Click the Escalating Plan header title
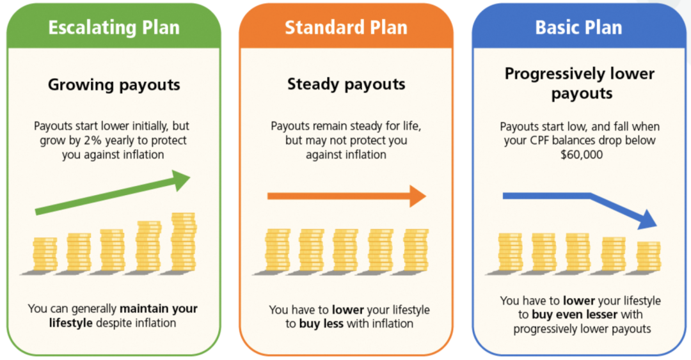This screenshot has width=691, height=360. pos(114,27)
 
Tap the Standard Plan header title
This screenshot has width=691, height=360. pos(346,27)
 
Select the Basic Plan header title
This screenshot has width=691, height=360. pos(578,27)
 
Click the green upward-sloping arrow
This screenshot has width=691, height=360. pos(113,192)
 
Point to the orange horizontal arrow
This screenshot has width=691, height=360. pos(347,196)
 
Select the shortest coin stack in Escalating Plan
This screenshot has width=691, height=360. pos(45,254)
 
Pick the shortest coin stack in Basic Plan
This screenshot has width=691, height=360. pos(648,256)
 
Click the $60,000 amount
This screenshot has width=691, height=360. pos(581,155)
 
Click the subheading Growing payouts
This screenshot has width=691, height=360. pos(114,84)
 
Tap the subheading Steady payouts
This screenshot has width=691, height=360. pos(346,84)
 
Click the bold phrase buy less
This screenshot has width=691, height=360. pos(321,324)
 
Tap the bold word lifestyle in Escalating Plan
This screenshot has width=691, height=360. pos(71,323)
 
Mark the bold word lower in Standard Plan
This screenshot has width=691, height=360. pos(347,309)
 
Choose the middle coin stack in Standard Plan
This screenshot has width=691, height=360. pos(345,250)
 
